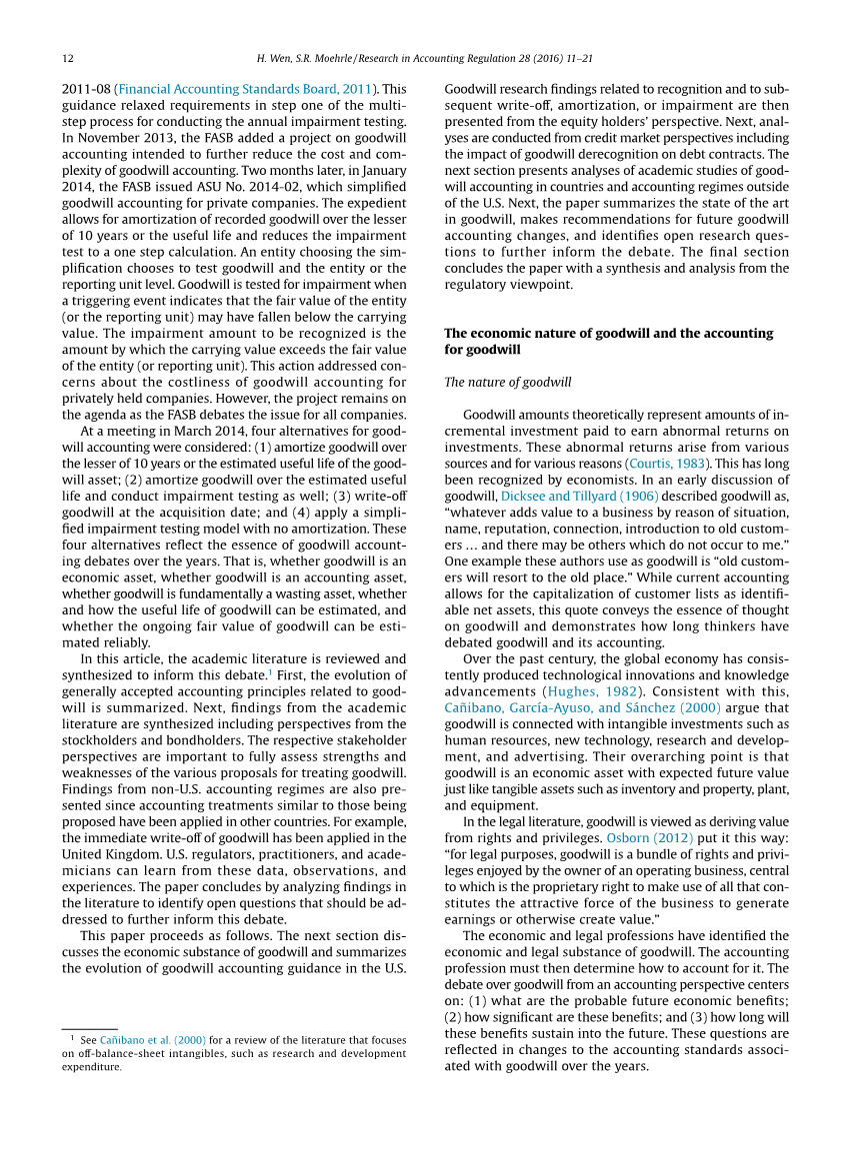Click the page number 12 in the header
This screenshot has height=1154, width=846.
68,59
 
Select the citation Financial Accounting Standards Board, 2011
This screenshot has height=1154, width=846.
245,89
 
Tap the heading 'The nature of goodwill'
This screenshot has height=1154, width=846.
508,383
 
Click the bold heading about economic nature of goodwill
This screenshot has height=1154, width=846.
608,341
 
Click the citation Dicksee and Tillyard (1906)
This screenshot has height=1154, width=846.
579,496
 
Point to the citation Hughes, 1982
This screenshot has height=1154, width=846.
597,691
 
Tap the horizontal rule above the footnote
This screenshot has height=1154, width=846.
90,1028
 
